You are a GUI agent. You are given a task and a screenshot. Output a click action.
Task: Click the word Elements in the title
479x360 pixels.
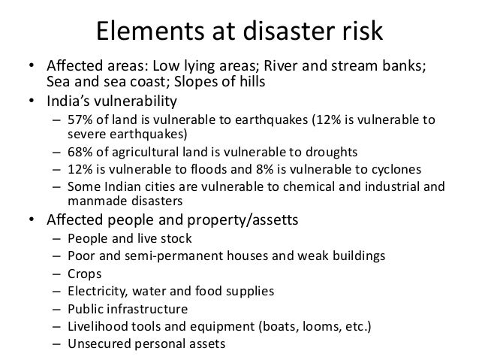tap(143, 32)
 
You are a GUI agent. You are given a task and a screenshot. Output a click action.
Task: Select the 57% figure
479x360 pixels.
tap(80, 123)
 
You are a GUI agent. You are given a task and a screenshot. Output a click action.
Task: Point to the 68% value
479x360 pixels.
tap(80, 152)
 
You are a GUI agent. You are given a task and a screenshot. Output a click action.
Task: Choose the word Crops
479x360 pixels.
tap(84, 273)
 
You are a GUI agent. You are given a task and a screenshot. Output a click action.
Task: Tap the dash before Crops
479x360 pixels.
tap(57, 273)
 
